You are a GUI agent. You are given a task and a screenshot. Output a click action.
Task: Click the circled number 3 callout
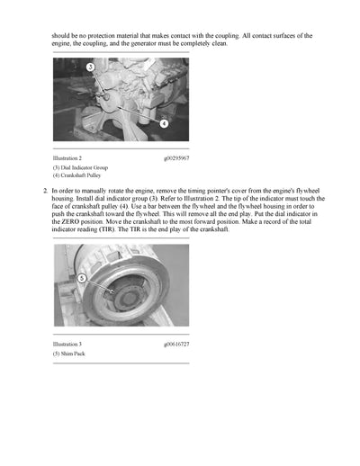coord(90,67)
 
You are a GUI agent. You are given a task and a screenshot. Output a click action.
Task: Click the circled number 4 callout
coord(163,122)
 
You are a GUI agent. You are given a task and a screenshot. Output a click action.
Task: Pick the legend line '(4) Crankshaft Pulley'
coord(76,176)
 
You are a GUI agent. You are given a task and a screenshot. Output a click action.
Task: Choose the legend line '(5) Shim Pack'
coord(69,354)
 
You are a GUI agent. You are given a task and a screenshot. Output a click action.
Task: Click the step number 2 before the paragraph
coord(45,192)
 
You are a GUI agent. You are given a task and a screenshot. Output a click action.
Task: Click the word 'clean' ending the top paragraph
coord(229,43)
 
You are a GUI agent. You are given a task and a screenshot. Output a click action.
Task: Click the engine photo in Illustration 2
coord(121,99)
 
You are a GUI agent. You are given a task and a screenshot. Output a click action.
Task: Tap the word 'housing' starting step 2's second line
coord(65,199)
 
